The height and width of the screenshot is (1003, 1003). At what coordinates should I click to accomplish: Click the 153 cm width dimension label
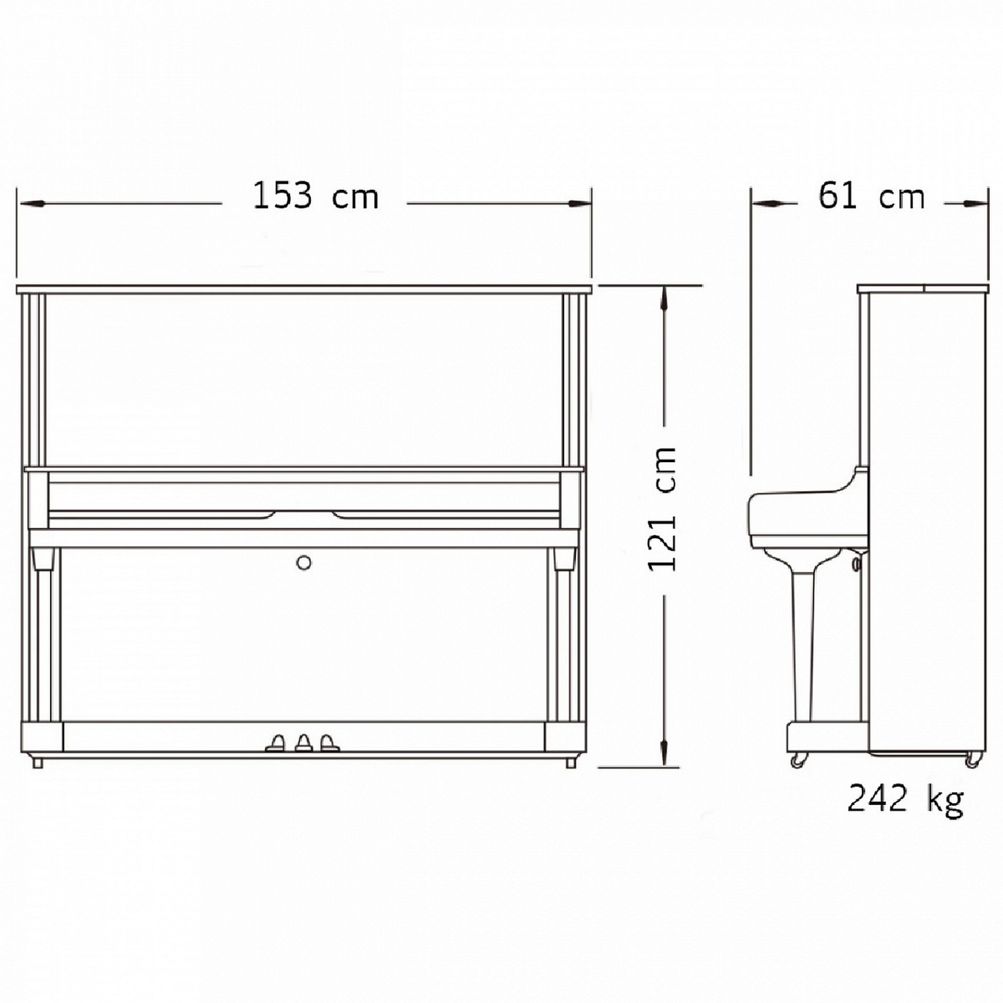(315, 196)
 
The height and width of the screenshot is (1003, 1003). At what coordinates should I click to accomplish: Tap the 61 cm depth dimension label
(871, 196)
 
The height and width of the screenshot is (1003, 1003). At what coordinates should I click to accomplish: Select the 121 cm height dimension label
(663, 509)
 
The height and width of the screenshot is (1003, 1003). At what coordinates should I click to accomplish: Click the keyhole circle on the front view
(304, 562)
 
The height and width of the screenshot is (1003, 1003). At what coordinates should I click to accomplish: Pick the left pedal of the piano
(275, 743)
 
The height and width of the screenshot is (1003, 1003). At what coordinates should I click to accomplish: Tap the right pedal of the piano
(328, 743)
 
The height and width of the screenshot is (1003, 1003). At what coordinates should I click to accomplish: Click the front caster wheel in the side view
(797, 760)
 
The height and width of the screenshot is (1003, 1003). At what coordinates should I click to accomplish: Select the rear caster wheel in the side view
(972, 760)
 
